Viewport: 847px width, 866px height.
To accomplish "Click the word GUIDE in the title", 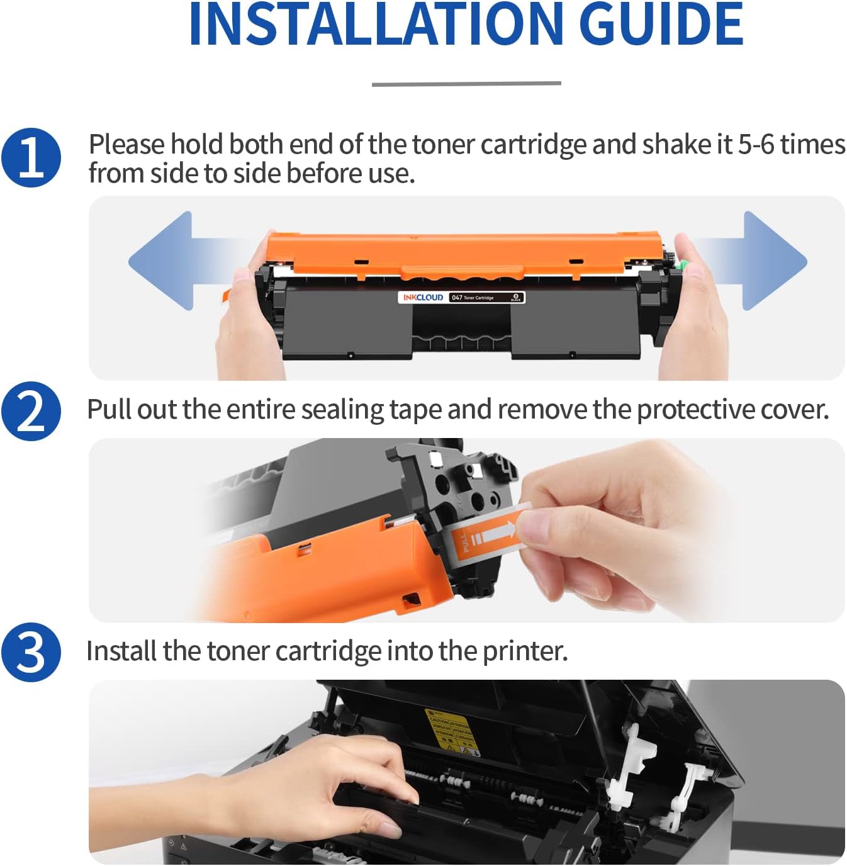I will coord(661,25).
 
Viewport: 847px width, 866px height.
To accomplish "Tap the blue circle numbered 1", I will coord(31,158).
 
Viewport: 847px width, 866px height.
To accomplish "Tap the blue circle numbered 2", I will coord(31,412).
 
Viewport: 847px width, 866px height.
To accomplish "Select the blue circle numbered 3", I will coord(31,653).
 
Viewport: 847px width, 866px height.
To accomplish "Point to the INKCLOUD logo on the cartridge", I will coord(423,298).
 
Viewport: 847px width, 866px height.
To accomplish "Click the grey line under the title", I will coord(466,83).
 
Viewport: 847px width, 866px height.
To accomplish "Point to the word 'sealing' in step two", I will coord(342,410).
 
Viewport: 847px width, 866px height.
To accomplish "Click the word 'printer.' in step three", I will coord(525,651).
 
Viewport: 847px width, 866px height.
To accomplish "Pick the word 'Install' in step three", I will coord(121,651).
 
